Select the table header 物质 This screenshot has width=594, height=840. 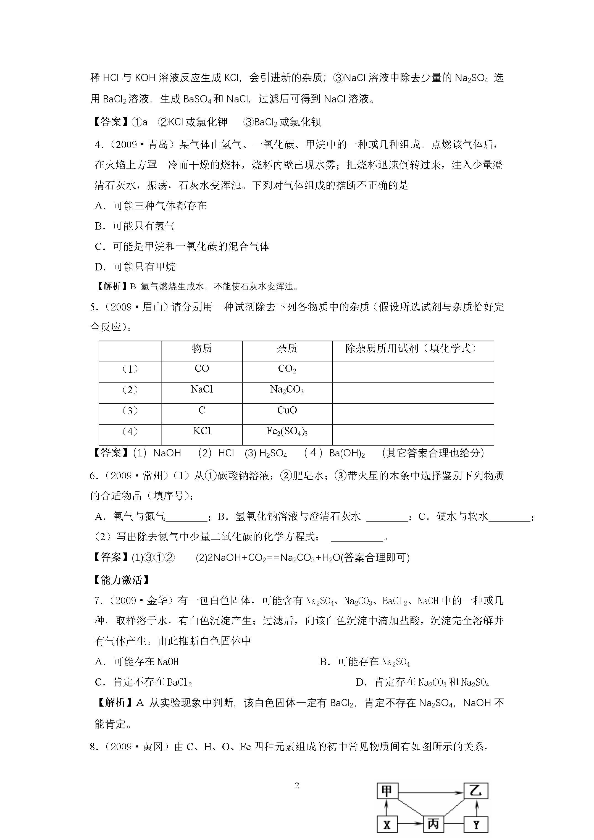click(x=202, y=349)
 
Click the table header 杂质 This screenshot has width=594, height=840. click(x=287, y=349)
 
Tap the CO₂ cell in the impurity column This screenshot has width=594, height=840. click(x=287, y=369)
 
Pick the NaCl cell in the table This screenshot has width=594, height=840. click(x=202, y=390)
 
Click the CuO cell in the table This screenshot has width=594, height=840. click(x=287, y=410)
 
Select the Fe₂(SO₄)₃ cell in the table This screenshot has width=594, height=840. click(x=287, y=432)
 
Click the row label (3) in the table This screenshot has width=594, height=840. click(x=130, y=411)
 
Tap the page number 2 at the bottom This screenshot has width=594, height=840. click(x=297, y=786)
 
